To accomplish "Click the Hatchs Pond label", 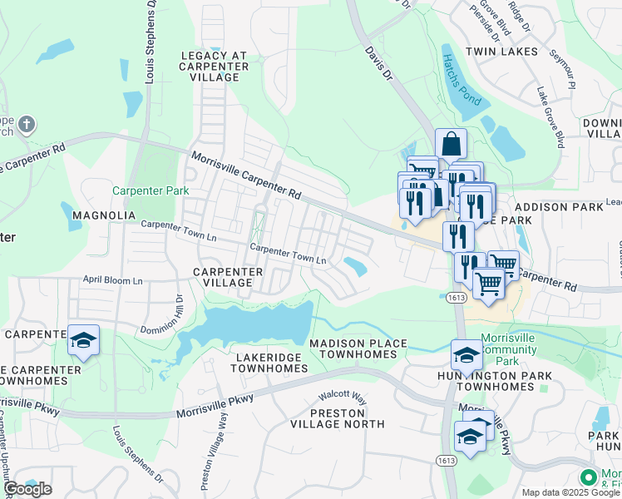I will (x=462, y=79).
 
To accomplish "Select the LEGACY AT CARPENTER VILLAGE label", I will (x=214, y=67).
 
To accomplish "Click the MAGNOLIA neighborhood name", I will (x=104, y=215).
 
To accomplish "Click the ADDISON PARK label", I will (x=552, y=206).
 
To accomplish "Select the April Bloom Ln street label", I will (x=112, y=281).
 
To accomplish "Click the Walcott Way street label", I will (x=344, y=397).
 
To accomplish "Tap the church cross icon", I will (x=27, y=126).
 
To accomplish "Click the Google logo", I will (x=27, y=489).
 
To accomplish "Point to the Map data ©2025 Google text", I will (x=570, y=492).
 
